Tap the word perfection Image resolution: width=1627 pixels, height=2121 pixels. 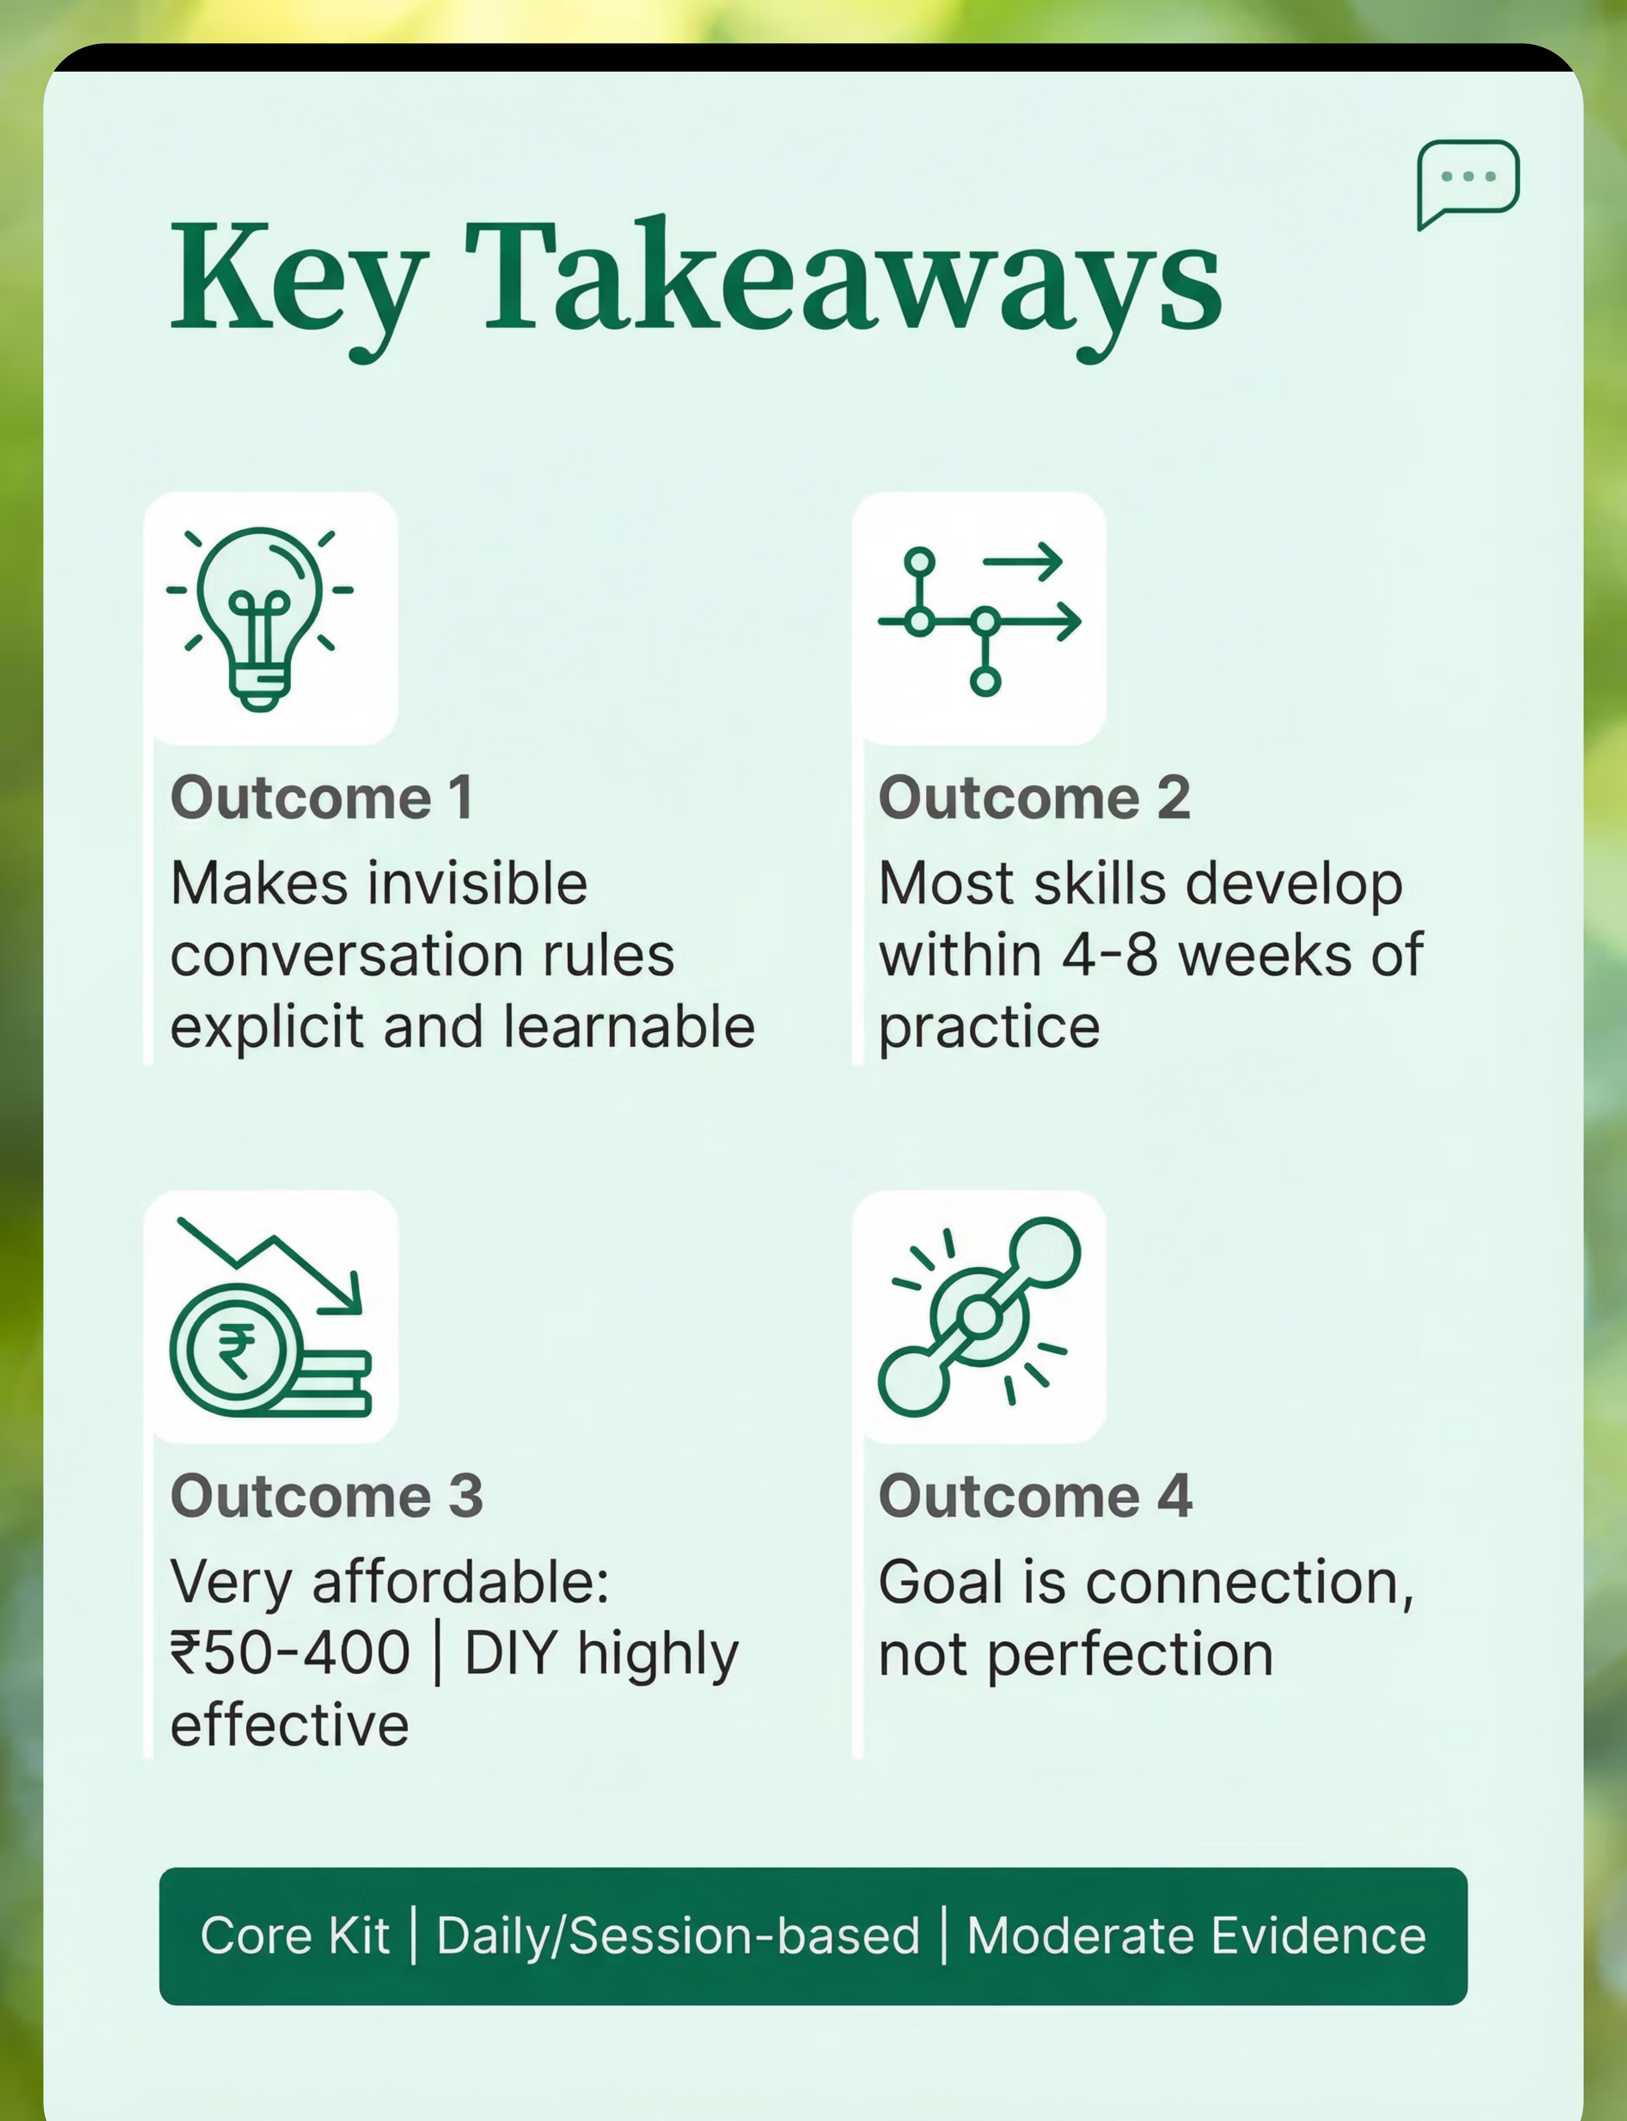click(1130, 1655)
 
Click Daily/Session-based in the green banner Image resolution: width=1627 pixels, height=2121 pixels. click(678, 1937)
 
